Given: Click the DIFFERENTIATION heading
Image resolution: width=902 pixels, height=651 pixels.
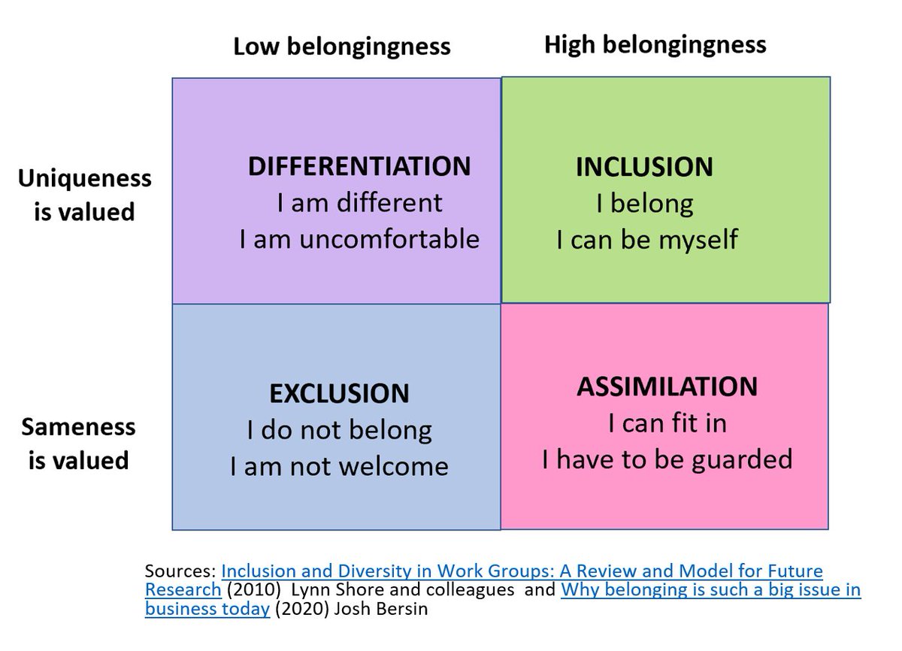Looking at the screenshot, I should coord(359,165).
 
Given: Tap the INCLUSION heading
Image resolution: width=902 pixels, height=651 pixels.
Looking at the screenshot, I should coord(644,167).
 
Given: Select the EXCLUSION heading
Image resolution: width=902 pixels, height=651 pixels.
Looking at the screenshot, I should coord(339,393).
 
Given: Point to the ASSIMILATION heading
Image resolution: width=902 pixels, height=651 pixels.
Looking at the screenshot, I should coord(667,386).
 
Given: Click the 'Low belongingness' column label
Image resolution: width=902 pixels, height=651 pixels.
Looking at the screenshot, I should coord(341,47).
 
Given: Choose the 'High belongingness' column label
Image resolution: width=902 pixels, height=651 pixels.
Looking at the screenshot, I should coord(655,44).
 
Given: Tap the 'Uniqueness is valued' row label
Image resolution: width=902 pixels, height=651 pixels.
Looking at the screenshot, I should coord(84,195).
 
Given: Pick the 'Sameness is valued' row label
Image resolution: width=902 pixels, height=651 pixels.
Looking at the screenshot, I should coord(78,443).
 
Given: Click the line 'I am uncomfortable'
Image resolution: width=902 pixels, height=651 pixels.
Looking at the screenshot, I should coord(359,239).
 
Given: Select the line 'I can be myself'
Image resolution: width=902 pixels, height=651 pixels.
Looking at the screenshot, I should coord(647,240).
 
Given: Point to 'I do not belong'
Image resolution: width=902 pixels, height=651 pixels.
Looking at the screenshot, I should coord(340,430).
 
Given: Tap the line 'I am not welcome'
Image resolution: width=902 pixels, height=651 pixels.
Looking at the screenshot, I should coord(339,467).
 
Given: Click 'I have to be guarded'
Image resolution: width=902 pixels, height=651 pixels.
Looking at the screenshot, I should coord(667,459).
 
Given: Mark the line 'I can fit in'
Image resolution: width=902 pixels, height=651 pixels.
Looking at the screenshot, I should coord(667,423).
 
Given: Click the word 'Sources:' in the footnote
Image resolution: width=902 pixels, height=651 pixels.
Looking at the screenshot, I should coord(180,571).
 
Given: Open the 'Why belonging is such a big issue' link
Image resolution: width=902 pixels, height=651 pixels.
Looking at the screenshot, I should coord(710,589).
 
